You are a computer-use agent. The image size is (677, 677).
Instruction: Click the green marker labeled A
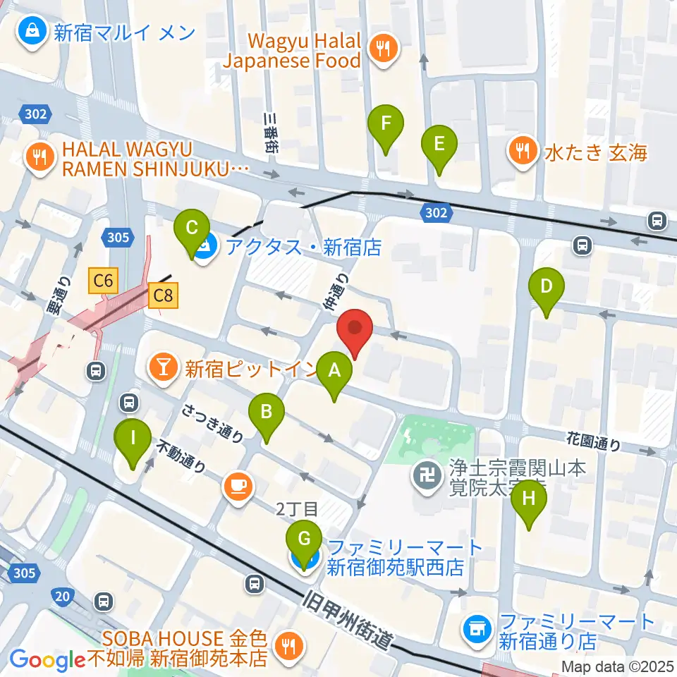[334, 370]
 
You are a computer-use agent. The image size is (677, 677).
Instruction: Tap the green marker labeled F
[386, 124]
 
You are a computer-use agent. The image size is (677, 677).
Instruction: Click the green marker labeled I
[133, 438]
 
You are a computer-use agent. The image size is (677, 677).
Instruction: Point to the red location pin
[355, 330]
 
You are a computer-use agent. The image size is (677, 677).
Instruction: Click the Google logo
[48, 660]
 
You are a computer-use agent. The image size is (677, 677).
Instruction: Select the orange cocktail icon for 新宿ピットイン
[163, 367]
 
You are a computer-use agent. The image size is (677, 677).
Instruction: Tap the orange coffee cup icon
[238, 486]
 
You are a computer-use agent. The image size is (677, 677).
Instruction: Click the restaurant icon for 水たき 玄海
[523, 150]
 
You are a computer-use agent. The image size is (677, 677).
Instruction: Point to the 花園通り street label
[594, 441]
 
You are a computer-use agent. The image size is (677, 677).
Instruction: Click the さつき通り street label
[212, 422]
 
